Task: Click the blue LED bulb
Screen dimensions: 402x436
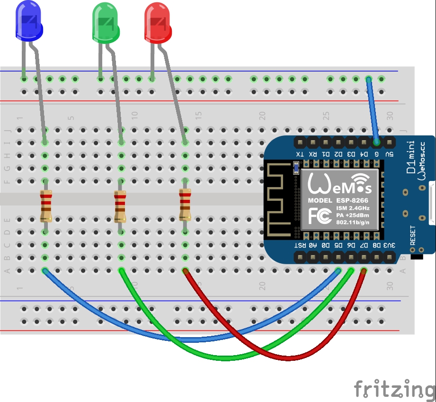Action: [x=29, y=21]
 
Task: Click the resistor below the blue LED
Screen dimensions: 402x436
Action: [x=46, y=206]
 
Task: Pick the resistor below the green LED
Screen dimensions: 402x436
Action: [x=120, y=206]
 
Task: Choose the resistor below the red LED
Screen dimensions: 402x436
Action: [x=185, y=205]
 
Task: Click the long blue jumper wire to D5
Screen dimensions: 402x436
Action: [x=189, y=339]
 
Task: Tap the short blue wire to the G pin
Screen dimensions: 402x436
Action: [x=372, y=109]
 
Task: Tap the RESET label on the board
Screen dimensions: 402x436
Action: [x=412, y=235]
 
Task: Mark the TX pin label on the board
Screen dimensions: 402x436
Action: [x=299, y=154]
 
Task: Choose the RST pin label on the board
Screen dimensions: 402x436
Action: [x=300, y=245]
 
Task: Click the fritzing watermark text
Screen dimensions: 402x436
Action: [x=394, y=389]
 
